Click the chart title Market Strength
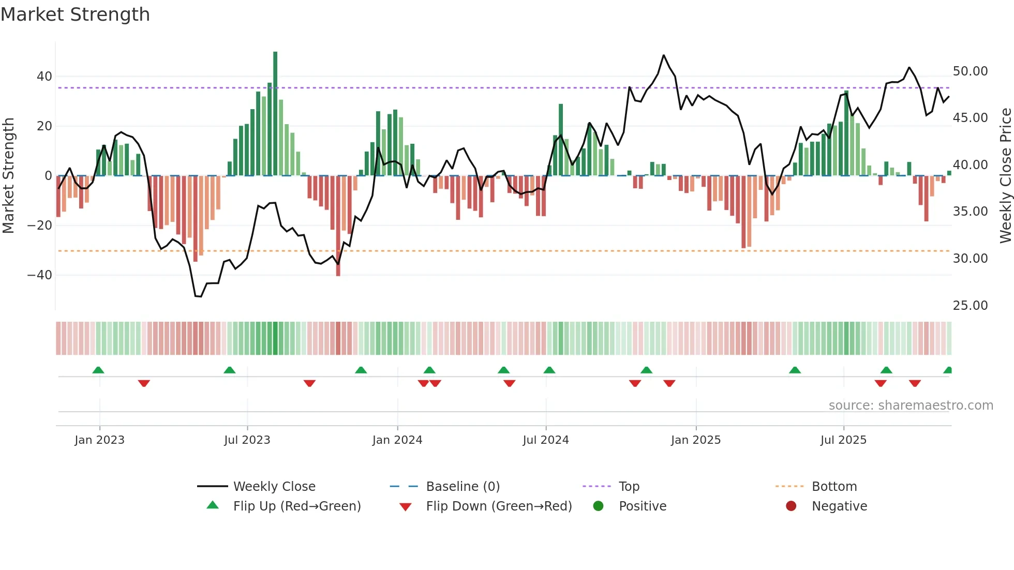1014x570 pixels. tap(75, 14)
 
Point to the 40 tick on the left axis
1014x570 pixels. tap(44, 77)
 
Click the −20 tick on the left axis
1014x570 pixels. tap(40, 226)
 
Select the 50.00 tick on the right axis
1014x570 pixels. tap(970, 71)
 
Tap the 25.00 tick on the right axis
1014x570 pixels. tap(970, 306)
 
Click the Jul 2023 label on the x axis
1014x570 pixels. tap(247, 440)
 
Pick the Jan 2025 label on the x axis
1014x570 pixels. tap(695, 440)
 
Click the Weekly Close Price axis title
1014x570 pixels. tap(1005, 176)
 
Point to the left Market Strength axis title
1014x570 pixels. tap(9, 176)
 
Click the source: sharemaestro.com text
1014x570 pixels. tap(911, 406)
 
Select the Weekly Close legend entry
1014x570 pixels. tap(274, 487)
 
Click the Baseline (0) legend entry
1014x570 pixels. tap(463, 487)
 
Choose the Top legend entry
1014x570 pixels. tap(629, 487)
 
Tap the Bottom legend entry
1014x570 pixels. tap(834, 487)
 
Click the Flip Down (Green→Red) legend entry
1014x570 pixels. tap(498, 506)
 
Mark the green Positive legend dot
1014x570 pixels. tap(598, 506)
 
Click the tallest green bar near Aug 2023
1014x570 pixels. tap(275, 114)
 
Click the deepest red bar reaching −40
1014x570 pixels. tap(338, 228)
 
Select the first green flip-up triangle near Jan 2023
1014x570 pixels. tap(98, 370)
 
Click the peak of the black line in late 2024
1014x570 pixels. tap(663, 55)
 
